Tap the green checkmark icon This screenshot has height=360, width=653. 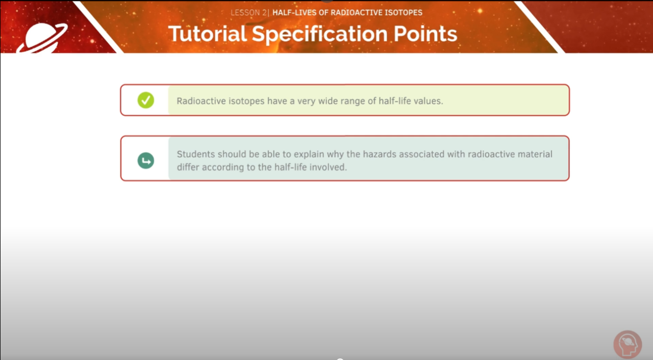click(145, 100)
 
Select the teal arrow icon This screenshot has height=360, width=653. click(145, 161)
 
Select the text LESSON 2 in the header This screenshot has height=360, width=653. click(248, 12)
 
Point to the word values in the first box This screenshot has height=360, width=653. click(427, 101)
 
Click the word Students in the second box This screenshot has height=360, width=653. click(196, 154)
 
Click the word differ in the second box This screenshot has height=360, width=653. click(188, 167)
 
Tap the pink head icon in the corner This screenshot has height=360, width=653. click(627, 344)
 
